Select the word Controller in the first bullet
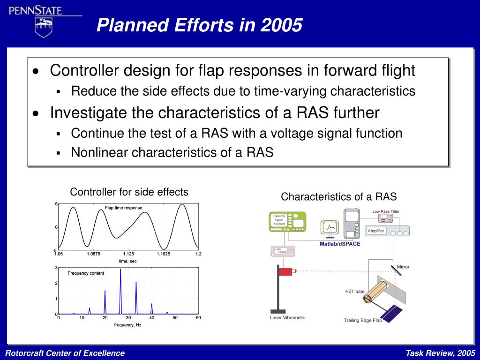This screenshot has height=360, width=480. [x=84, y=70]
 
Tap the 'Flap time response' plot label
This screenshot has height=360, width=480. [x=124, y=208]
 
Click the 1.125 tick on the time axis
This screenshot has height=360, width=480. [x=128, y=254]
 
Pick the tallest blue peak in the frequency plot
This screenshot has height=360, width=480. [x=120, y=291]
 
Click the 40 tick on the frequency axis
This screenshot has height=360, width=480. [x=151, y=318]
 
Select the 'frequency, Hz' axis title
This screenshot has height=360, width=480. [x=127, y=325]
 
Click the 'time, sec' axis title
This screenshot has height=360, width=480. [x=127, y=261]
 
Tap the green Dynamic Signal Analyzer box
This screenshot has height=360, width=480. [x=287, y=222]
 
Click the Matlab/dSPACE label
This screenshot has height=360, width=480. [x=340, y=244]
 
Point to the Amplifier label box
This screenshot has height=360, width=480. [x=376, y=231]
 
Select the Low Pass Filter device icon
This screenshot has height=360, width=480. [x=386, y=218]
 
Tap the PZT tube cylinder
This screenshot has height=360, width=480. [x=375, y=292]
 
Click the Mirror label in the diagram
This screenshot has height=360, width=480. [x=403, y=267]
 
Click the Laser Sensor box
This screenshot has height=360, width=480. [x=283, y=251]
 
